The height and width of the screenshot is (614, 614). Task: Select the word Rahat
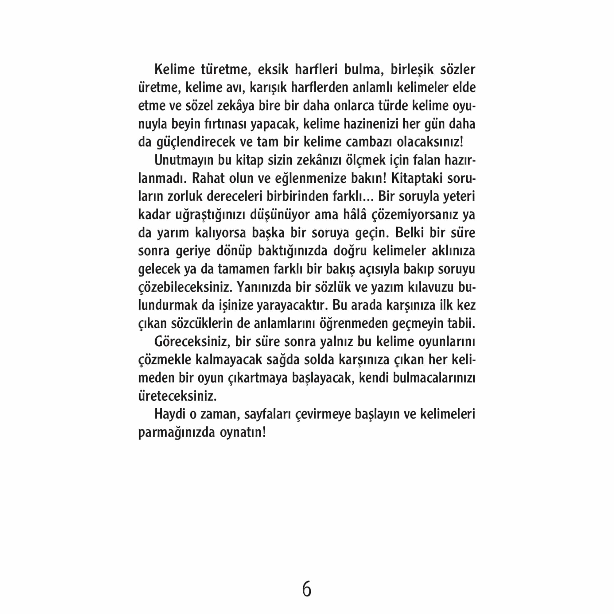[208, 178]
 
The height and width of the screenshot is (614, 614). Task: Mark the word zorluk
[185, 196]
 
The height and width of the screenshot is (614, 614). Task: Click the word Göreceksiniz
[192, 342]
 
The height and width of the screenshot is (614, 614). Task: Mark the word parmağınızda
[177, 433]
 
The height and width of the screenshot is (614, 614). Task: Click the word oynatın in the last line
[243, 433]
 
